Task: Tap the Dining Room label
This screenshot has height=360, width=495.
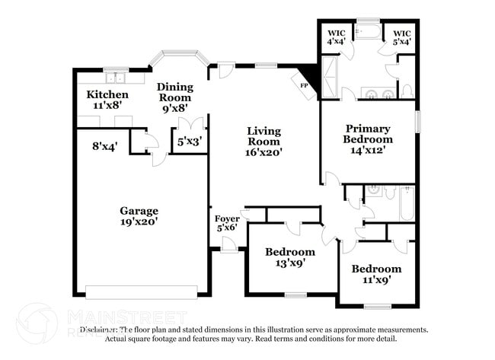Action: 175,92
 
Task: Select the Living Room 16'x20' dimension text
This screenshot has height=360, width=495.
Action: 264,152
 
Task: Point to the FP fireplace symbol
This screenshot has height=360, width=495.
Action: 304,85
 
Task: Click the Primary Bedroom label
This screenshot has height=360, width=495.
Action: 368,134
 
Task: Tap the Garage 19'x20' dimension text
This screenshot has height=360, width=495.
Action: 139,221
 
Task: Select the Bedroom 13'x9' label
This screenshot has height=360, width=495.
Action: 289,257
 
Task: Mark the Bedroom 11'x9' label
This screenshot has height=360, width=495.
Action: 375,274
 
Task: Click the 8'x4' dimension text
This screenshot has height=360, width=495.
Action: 104,147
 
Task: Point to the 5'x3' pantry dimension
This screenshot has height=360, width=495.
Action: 190,142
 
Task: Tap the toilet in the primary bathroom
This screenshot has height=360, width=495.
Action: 407,92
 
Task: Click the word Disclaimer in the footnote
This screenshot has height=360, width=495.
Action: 101,330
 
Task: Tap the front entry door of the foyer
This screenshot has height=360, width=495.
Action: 227,245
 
